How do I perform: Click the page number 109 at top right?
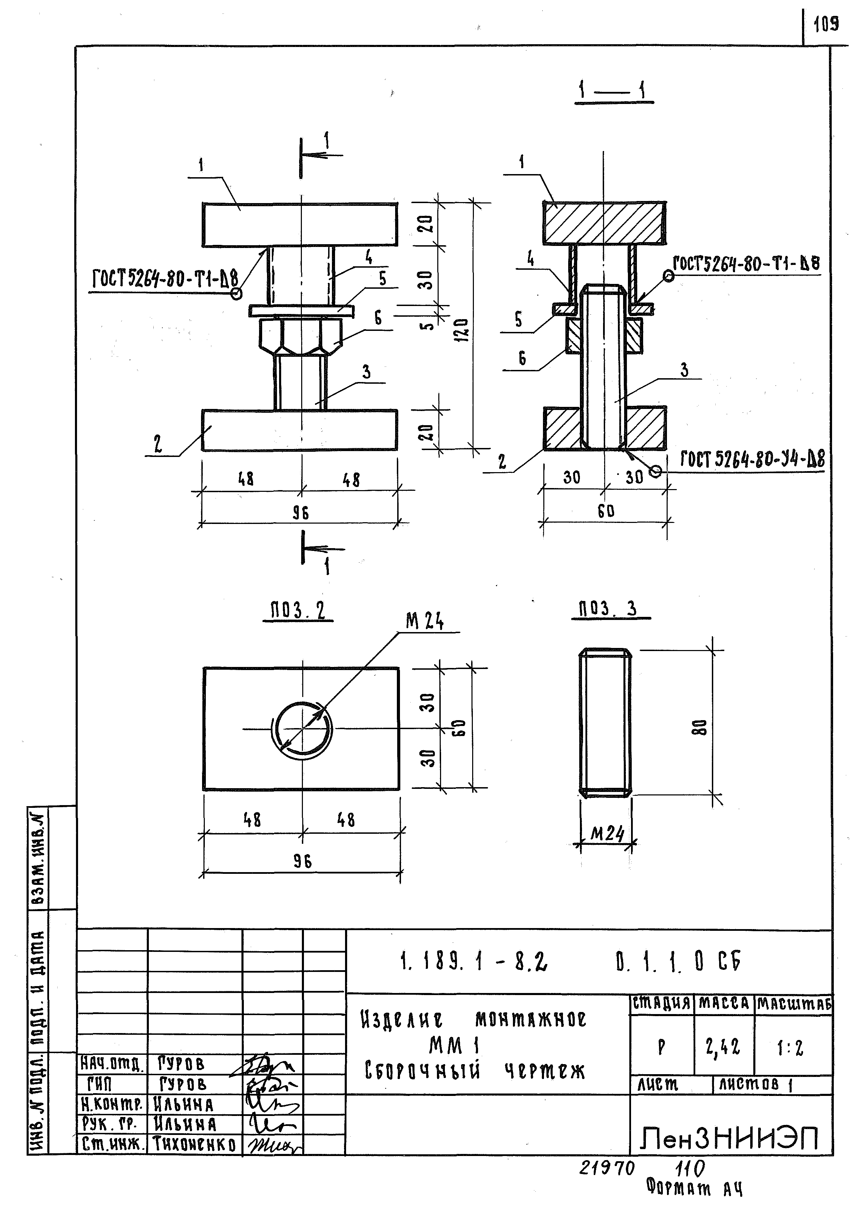pos(826,24)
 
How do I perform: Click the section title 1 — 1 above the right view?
pos(613,92)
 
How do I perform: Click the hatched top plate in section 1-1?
pos(604,223)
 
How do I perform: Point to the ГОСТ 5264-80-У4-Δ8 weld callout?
pos(752,459)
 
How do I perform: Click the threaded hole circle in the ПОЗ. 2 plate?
pos(302,730)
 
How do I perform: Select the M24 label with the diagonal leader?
pos(425,622)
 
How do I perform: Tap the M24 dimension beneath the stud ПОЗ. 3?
pos(607,834)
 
